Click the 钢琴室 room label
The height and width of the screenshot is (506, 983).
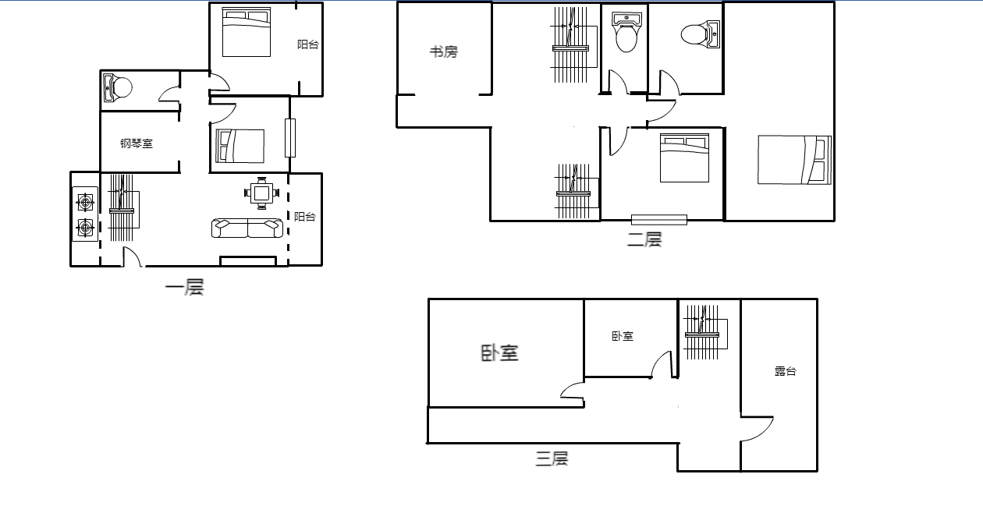click(x=137, y=143)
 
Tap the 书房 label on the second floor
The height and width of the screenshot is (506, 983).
click(x=444, y=51)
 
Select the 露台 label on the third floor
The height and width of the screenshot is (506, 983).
click(x=785, y=371)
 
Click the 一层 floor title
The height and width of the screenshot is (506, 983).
click(x=184, y=287)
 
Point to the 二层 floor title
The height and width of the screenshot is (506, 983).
click(x=644, y=239)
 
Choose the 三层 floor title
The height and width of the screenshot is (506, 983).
click(x=552, y=458)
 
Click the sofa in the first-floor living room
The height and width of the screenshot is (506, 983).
click(x=247, y=228)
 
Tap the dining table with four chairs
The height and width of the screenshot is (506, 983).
click(x=261, y=193)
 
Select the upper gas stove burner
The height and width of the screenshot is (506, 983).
click(x=85, y=203)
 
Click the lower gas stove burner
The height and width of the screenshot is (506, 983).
click(x=85, y=228)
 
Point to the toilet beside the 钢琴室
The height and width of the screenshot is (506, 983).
click(x=117, y=87)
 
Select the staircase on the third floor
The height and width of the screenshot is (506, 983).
click(x=704, y=332)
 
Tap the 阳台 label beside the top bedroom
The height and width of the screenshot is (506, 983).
click(x=307, y=44)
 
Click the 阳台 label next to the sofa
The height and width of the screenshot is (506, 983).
click(x=304, y=217)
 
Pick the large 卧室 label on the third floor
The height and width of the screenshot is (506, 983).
click(x=500, y=353)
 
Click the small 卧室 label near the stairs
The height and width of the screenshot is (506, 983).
click(x=623, y=336)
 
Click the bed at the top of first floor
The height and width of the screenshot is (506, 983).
click(x=247, y=32)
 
